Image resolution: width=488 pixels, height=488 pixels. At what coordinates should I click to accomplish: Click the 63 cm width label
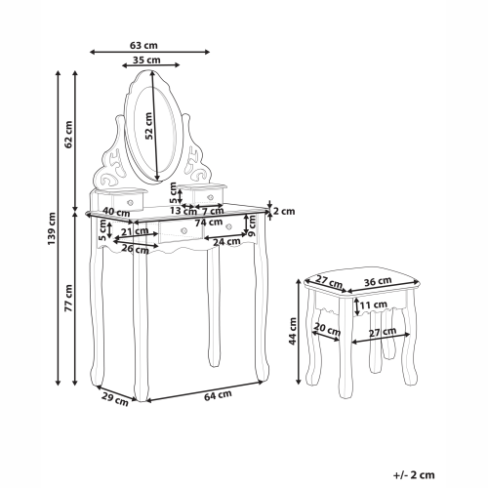pyautogui.click(x=143, y=46)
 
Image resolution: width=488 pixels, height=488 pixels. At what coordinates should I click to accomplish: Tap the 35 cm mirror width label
pyautogui.click(x=146, y=61)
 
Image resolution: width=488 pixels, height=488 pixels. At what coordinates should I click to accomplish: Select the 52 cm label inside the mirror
pyautogui.click(x=148, y=126)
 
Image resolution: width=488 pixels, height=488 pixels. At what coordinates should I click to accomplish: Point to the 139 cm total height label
pyautogui.click(x=52, y=228)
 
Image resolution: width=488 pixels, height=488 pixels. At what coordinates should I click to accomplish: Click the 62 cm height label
pyautogui.click(x=68, y=135)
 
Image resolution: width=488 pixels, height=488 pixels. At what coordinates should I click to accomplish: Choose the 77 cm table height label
pyautogui.click(x=68, y=298)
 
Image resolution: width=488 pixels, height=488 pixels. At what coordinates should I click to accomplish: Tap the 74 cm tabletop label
pyautogui.click(x=209, y=223)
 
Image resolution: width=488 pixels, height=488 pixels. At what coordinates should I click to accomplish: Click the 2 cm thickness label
pyautogui.click(x=284, y=211)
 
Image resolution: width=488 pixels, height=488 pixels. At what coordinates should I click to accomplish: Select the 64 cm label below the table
pyautogui.click(x=218, y=395)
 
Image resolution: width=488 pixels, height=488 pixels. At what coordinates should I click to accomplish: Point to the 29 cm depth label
pyautogui.click(x=115, y=399)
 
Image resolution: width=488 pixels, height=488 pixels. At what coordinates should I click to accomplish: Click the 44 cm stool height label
pyautogui.click(x=293, y=331)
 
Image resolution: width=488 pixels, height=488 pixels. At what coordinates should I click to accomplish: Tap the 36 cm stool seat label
pyautogui.click(x=378, y=281)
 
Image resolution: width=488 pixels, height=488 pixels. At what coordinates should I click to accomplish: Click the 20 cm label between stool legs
pyautogui.click(x=327, y=329)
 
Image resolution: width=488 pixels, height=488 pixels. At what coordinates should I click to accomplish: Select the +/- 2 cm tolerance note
pyautogui.click(x=414, y=475)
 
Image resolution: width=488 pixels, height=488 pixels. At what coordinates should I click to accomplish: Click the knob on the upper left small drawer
pyautogui.click(x=131, y=202)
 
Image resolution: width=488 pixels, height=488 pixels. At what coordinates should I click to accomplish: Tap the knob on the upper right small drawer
pyautogui.click(x=210, y=197)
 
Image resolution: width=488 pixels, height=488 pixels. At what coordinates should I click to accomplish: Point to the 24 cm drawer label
pyautogui.click(x=226, y=242)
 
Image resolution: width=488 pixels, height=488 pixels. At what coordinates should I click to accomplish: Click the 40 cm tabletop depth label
pyautogui.click(x=116, y=213)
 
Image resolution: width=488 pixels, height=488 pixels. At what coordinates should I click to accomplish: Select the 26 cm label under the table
pyautogui.click(x=135, y=249)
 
